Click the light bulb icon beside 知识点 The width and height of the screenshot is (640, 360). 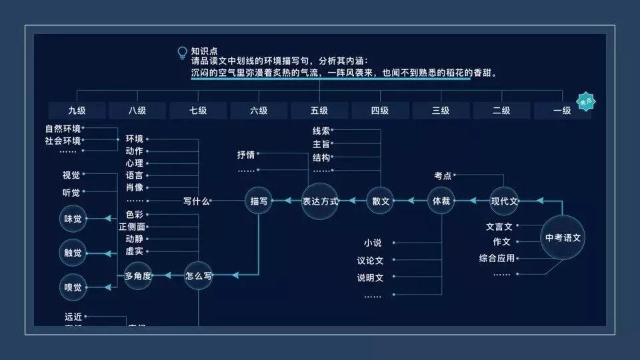click(x=182, y=52)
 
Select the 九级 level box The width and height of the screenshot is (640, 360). click(x=77, y=111)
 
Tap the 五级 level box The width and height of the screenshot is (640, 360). click(x=319, y=111)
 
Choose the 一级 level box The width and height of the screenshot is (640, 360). click(x=561, y=111)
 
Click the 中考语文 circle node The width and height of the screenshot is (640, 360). click(x=563, y=237)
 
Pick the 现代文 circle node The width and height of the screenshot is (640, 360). click(x=504, y=201)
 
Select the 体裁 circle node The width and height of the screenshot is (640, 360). click(x=441, y=201)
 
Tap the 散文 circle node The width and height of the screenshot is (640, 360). click(x=381, y=201)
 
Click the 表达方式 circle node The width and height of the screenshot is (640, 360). click(x=320, y=201)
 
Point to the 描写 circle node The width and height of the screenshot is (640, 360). click(x=259, y=201)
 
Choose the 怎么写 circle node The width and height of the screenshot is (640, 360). click(x=198, y=275)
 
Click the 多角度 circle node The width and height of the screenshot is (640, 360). click(x=138, y=275)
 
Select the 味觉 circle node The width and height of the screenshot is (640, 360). click(x=73, y=219)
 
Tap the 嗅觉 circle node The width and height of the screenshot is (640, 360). click(x=73, y=287)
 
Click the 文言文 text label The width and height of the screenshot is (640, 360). click(x=499, y=227)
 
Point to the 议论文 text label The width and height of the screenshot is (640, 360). click(x=370, y=261)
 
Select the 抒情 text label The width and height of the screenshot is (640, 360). click(x=246, y=155)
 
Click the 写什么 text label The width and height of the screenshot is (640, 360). click(x=197, y=201)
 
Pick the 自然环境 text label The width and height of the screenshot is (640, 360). click(x=63, y=129)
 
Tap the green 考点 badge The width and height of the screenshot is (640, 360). click(x=586, y=101)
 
